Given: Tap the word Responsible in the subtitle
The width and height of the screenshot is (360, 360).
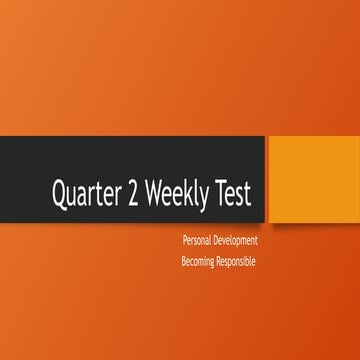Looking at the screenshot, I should (x=239, y=261).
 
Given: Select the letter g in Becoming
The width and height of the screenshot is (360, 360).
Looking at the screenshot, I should (x=217, y=263).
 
